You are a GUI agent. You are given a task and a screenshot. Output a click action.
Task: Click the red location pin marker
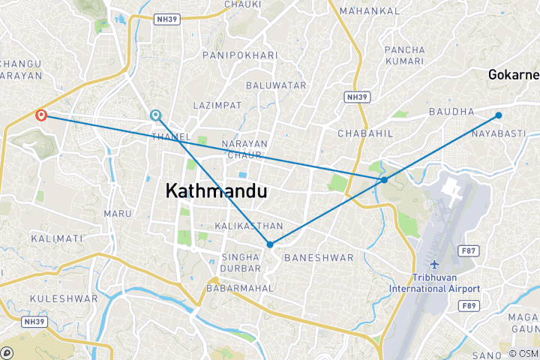[x=41, y=115]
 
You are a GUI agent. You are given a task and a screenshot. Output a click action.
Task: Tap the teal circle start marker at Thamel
[x=155, y=115]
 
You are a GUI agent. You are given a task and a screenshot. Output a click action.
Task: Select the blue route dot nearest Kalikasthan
[x=269, y=244]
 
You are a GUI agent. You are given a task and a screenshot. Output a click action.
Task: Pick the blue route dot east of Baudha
[x=499, y=115]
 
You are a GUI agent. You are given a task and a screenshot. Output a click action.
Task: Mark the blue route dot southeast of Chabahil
[x=384, y=180]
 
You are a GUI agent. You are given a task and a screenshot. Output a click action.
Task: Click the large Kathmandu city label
[x=215, y=191]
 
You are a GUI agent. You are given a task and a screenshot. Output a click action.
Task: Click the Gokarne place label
[x=513, y=75]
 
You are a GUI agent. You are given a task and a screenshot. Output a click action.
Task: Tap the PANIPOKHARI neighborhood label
[x=240, y=55]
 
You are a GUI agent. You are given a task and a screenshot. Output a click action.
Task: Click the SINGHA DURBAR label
[x=240, y=263]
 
